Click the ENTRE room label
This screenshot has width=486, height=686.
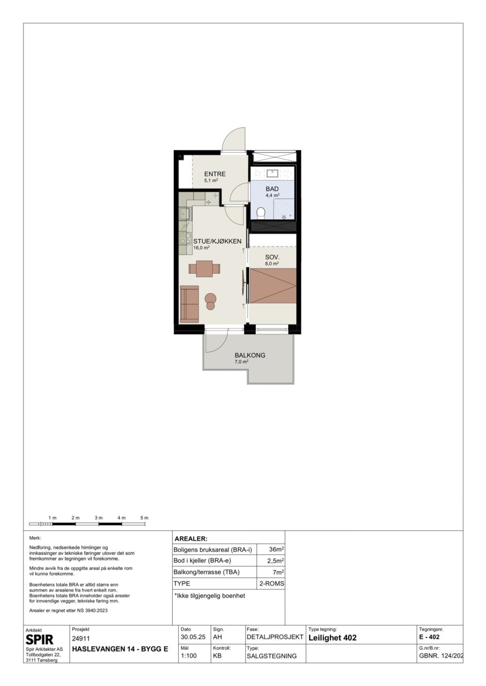point(215,174)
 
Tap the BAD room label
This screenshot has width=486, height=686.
point(272,189)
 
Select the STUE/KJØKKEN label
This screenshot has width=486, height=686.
point(217,241)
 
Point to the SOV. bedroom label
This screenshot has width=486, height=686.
point(272,258)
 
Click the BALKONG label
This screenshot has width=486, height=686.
point(250,355)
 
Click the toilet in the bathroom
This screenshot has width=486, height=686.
point(261,213)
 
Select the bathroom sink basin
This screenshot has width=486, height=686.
point(272,174)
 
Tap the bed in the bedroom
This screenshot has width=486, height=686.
point(273,286)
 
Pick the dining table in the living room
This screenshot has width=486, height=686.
point(204,269)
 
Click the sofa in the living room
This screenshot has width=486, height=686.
point(189,304)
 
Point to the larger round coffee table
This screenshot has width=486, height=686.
point(211,298)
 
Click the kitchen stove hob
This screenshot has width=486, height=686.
point(185,238)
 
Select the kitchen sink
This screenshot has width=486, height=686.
point(185,213)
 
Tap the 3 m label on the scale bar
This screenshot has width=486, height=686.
point(99,518)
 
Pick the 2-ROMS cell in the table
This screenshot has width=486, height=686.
point(272,584)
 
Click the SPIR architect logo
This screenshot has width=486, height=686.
point(40,640)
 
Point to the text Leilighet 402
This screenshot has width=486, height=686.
point(333,638)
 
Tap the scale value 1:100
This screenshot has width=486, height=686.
point(189,655)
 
